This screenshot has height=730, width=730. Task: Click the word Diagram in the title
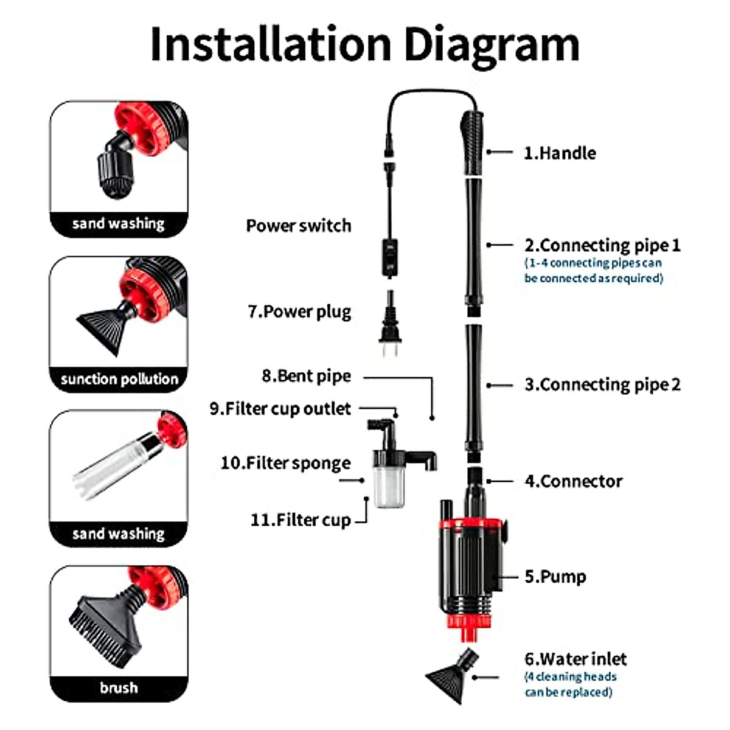(492, 46)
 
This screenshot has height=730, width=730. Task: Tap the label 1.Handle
(560, 153)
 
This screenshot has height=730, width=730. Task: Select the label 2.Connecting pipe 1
(602, 245)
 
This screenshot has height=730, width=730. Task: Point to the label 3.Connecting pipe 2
(602, 384)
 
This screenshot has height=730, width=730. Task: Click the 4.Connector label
(573, 481)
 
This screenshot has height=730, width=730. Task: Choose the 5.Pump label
(555, 576)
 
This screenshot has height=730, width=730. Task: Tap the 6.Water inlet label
(575, 659)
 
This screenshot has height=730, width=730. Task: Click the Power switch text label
(299, 226)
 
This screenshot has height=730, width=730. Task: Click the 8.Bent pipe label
(306, 376)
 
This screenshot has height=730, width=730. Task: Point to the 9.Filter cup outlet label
(280, 408)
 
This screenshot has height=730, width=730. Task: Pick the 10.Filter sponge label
(285, 463)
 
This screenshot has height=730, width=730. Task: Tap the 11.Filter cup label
(301, 520)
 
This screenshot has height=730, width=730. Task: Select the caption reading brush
(119, 688)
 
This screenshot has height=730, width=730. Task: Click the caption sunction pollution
(119, 379)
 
